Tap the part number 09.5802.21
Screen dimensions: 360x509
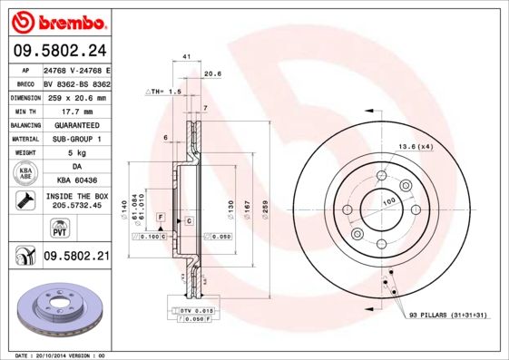75,257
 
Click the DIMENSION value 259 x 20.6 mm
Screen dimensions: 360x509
75,97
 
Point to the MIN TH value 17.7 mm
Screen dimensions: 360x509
75,111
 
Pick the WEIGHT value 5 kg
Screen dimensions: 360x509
75,153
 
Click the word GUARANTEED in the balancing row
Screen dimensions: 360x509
75,124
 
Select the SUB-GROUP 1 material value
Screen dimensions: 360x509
75,139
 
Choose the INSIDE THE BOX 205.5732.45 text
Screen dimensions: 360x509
75,201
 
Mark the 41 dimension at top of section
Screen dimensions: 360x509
186,57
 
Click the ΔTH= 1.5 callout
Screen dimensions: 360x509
164,92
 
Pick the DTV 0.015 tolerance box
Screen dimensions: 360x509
196,311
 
